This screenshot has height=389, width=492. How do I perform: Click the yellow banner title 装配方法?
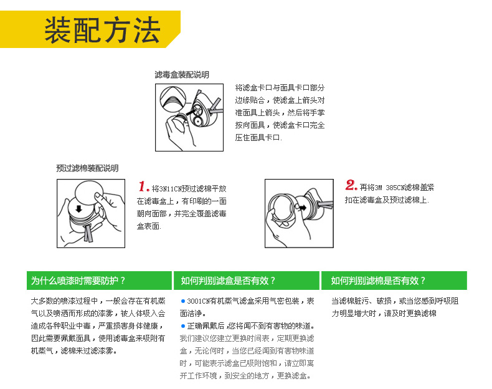coord(102,29)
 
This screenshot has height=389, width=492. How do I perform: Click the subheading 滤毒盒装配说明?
coord(182,75)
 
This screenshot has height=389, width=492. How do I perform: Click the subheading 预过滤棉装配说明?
coord(87,168)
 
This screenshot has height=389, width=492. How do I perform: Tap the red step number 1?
coord(143,186)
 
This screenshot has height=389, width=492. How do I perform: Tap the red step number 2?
coord(351,185)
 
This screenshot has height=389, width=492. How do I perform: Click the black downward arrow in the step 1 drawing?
coord(78,209)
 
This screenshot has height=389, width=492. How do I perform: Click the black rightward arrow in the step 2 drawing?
coord(303,208)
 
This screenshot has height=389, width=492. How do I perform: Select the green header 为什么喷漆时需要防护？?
coord(78,281)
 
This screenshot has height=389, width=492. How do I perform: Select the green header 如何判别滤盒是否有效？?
coord(228,281)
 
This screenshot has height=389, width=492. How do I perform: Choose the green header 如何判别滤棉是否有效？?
coord(378,281)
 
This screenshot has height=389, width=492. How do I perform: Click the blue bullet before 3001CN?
coord(183,301)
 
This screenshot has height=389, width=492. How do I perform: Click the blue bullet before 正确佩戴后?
coord(183,326)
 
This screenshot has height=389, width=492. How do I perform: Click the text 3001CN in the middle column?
coord(198,301)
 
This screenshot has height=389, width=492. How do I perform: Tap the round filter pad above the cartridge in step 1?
coord(89,192)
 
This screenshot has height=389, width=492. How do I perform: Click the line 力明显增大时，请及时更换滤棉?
coord(384,314)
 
